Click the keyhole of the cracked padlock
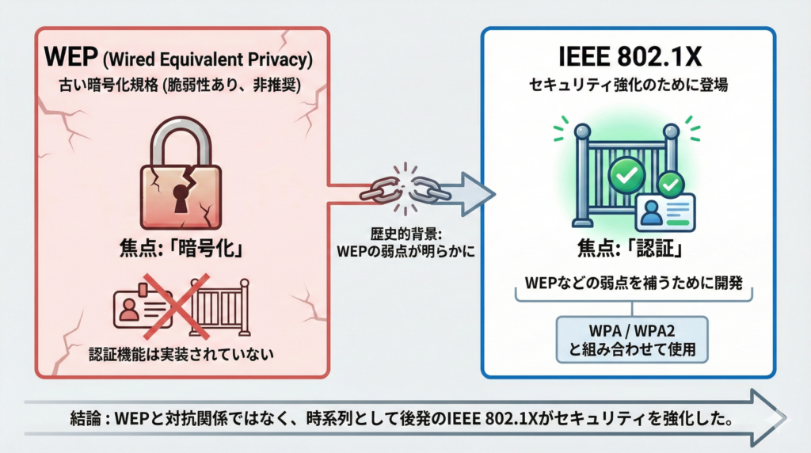coord(181,199)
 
